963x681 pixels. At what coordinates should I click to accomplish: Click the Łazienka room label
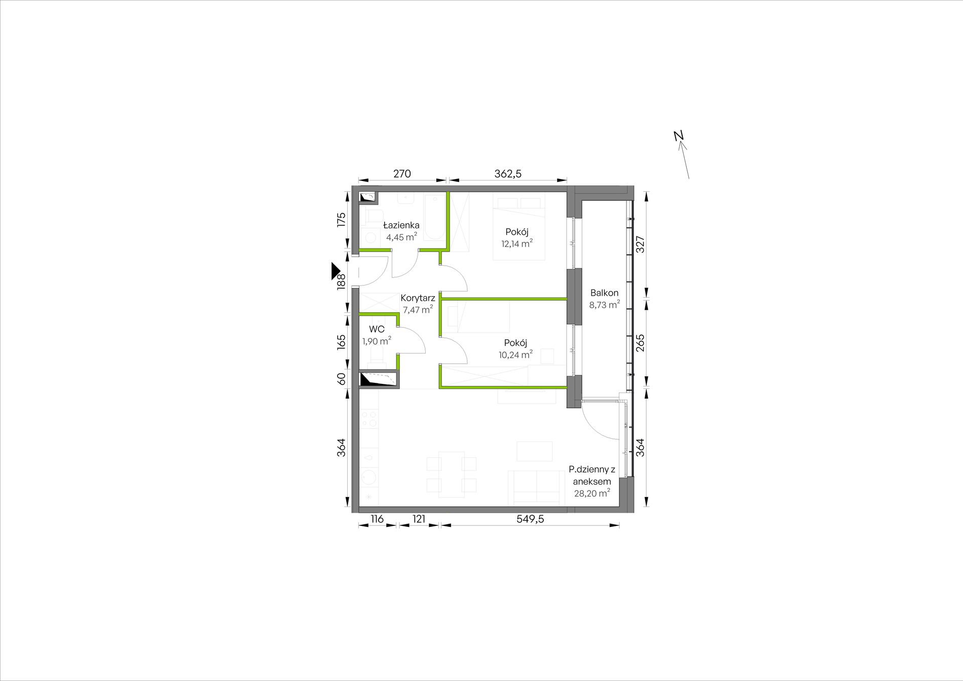[401, 225]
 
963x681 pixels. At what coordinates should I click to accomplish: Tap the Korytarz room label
[418, 298]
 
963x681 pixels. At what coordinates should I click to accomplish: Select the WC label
[377, 330]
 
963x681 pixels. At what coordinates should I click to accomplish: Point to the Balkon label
[604, 293]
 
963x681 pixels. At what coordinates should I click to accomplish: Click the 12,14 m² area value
[517, 243]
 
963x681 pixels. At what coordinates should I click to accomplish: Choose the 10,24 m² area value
[515, 354]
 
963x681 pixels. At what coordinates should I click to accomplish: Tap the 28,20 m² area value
[592, 493]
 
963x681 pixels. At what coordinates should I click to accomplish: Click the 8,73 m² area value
[604, 305]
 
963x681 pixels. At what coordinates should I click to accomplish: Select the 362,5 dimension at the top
[508, 173]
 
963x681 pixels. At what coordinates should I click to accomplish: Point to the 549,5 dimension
[530, 519]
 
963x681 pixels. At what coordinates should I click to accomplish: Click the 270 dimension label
[402, 173]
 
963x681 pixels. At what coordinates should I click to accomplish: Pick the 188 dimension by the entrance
[341, 282]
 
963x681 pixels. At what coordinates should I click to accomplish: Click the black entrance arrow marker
[336, 271]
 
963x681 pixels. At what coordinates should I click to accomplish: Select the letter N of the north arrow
[679, 135]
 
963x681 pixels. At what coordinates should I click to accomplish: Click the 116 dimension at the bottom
[377, 519]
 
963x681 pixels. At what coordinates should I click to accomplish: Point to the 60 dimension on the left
[341, 378]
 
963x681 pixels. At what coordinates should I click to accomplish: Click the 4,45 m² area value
[401, 237]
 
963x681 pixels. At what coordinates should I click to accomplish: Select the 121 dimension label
[419, 519]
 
